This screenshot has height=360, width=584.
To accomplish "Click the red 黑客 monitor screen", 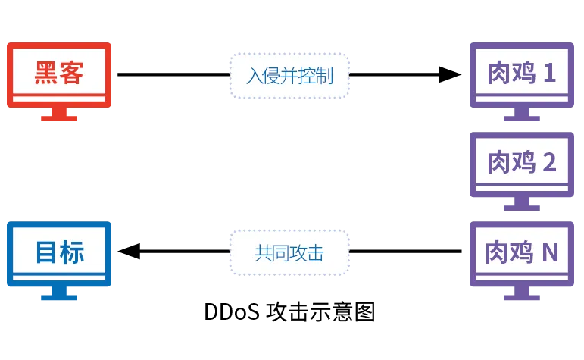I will (x=58, y=74).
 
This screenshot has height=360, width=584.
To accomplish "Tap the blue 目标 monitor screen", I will (x=58, y=253).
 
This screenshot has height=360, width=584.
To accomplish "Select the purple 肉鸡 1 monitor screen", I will (x=522, y=74).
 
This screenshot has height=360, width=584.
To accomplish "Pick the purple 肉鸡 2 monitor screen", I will (x=522, y=163).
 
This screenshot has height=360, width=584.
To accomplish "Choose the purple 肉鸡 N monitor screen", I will (x=522, y=253).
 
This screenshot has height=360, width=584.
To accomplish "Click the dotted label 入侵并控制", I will (x=289, y=76).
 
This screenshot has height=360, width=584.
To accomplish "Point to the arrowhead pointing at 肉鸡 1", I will (x=451, y=74).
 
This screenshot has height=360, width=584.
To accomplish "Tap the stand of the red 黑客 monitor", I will (x=58, y=114).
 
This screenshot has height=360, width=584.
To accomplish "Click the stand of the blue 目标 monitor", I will (x=58, y=293).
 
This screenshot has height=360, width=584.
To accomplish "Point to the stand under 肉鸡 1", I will (x=522, y=114).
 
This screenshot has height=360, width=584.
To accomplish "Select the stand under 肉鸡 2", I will (x=522, y=203).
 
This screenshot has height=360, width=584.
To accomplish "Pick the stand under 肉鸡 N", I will (x=522, y=293).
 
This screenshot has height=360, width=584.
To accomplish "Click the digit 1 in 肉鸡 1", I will (x=550, y=74).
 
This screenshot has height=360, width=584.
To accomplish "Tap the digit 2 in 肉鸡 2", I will (x=550, y=163).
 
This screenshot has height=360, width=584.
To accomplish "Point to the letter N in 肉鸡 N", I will (x=551, y=253).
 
